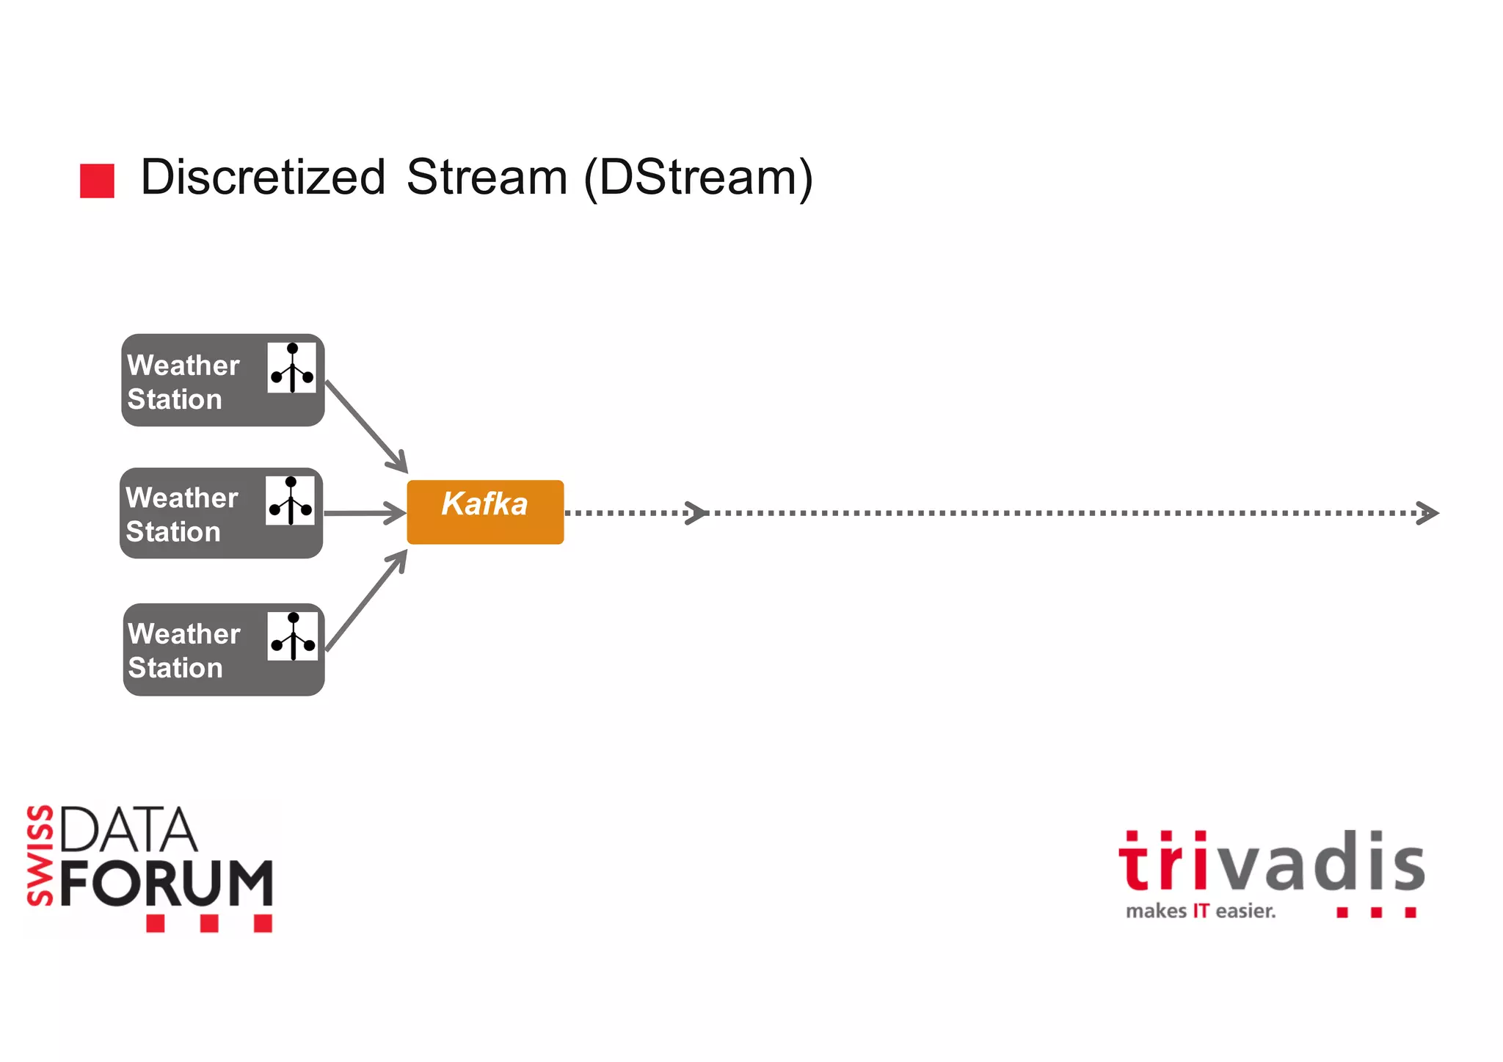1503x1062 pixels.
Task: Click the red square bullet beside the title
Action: tap(97, 181)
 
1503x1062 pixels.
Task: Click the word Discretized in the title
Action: tap(263, 178)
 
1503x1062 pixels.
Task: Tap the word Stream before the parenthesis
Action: tap(487, 178)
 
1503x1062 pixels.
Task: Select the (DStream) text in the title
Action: tap(698, 178)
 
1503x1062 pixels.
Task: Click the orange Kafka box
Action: tap(485, 512)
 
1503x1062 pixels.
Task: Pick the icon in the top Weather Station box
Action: tap(291, 368)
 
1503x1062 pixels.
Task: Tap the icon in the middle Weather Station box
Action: tap(290, 501)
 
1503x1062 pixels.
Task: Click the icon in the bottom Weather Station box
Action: tap(292, 636)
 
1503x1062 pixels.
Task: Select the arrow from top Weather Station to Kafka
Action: tap(365, 426)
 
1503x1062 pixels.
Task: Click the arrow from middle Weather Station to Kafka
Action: tap(365, 513)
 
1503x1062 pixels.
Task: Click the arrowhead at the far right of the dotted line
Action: tap(1427, 512)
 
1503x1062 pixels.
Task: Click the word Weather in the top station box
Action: tap(183, 365)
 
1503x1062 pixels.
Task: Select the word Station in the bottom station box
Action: tap(175, 668)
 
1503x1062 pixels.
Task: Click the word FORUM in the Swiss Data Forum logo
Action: tap(167, 883)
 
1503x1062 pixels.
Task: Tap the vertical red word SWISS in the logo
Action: tap(40, 855)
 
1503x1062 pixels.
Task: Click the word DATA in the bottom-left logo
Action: tap(128, 830)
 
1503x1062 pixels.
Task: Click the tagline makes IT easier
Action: tap(1201, 912)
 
